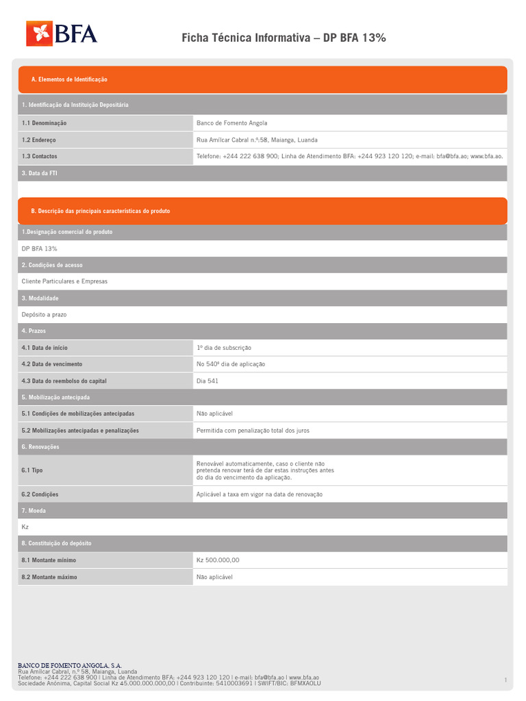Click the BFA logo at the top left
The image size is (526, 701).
(62, 34)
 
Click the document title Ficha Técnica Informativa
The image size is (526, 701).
(284, 38)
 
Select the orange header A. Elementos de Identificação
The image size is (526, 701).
(69, 79)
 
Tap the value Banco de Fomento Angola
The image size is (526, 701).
(231, 123)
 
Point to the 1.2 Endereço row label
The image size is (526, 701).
(39, 140)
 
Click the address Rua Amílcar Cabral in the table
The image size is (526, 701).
(257, 140)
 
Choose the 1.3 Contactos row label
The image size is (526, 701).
(40, 156)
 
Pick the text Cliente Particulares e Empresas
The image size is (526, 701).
(64, 281)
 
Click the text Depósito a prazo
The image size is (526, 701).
(44, 314)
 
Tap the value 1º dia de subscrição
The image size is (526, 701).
(224, 348)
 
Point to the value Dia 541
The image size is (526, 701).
(208, 381)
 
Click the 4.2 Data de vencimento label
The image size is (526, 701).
(52, 364)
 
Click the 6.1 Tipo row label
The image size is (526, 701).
(32, 470)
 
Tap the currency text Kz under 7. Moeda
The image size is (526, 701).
(25, 527)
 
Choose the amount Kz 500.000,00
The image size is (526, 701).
(218, 560)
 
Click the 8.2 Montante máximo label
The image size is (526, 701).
(49, 577)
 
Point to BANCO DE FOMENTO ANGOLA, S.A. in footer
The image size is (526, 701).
(70, 665)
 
